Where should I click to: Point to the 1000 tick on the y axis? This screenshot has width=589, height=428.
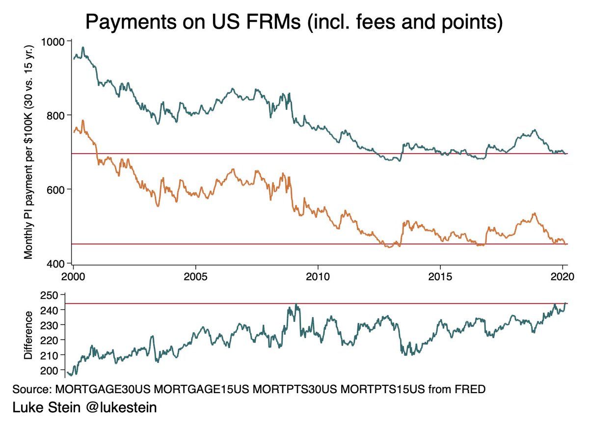tap(55, 41)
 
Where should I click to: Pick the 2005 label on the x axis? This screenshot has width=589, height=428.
tap(195, 276)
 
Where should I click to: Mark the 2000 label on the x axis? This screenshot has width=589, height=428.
tap(74, 276)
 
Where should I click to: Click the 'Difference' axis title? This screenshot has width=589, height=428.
tap(28, 335)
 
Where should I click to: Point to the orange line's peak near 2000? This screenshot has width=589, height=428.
tap(83, 120)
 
